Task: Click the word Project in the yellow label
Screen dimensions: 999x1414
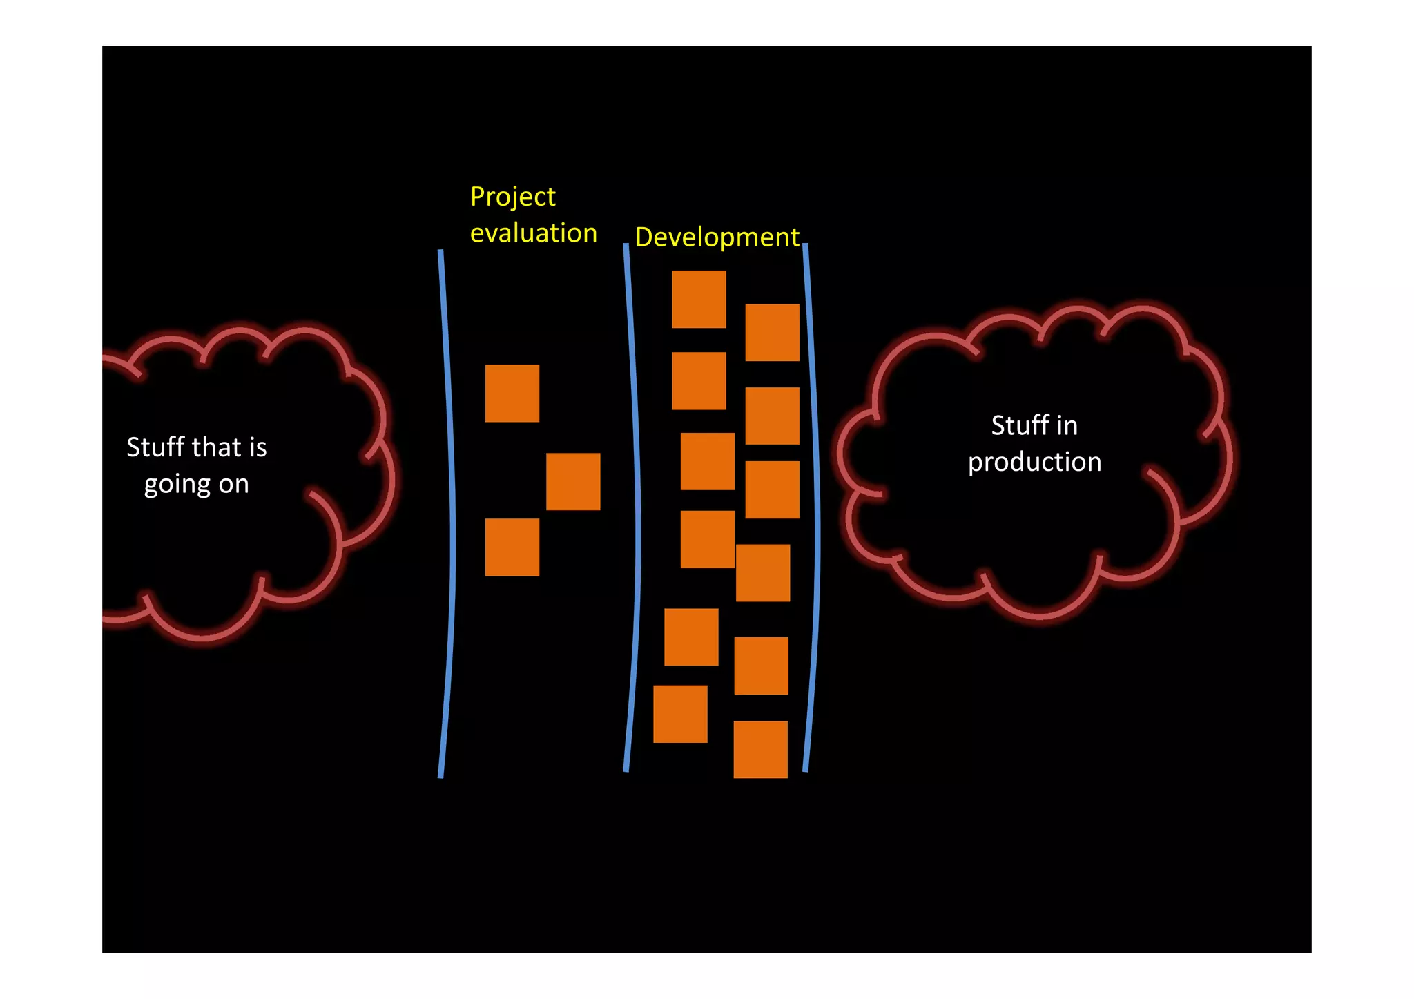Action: click(x=512, y=197)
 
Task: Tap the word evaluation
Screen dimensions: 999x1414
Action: click(x=533, y=233)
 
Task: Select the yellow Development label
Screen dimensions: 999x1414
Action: click(x=717, y=237)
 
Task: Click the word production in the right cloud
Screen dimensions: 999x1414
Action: click(x=1034, y=462)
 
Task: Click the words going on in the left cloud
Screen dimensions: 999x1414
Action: click(x=196, y=484)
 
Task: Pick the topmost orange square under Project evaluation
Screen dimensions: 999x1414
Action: click(x=512, y=393)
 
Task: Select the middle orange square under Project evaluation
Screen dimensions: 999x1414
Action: click(x=572, y=481)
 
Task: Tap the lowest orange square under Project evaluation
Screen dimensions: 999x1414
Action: click(x=512, y=547)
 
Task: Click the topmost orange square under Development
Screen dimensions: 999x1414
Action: click(x=698, y=299)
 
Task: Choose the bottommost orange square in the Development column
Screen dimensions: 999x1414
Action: click(x=759, y=749)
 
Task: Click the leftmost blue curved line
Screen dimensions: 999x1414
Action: click(x=449, y=514)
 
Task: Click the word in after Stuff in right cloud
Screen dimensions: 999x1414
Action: click(x=1067, y=426)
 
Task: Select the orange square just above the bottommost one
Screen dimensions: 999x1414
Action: click(x=761, y=666)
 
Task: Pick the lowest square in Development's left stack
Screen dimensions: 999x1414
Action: click(x=679, y=714)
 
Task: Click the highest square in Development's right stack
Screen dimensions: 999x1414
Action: click(x=771, y=332)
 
